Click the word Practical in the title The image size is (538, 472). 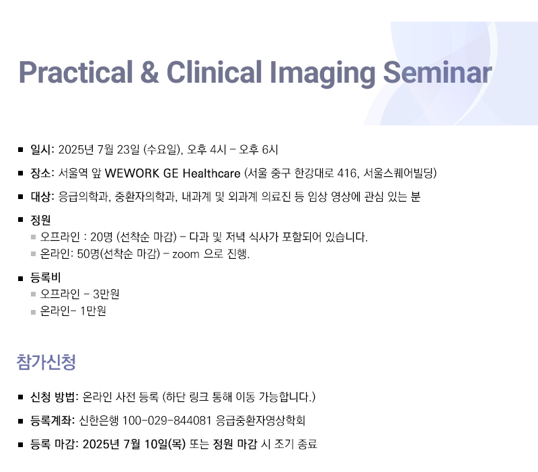[x=76, y=72]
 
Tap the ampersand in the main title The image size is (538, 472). [x=149, y=72]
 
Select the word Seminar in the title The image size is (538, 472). [x=438, y=72]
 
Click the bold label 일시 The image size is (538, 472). [x=41, y=149]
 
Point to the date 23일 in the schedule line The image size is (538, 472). [x=128, y=149]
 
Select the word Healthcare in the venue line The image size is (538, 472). [x=211, y=173]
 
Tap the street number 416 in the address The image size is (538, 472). [x=346, y=173]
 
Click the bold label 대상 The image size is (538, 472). [x=41, y=196]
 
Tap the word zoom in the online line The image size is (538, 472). [x=186, y=255]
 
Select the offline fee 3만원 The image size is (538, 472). [x=106, y=294]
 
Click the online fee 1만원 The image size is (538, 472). [x=93, y=311]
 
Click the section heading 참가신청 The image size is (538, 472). [x=46, y=362]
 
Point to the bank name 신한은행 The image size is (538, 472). [x=99, y=420]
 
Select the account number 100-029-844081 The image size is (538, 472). [x=167, y=420]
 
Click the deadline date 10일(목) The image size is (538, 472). [x=165, y=444]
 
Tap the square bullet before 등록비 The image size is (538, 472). [x=21, y=278]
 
